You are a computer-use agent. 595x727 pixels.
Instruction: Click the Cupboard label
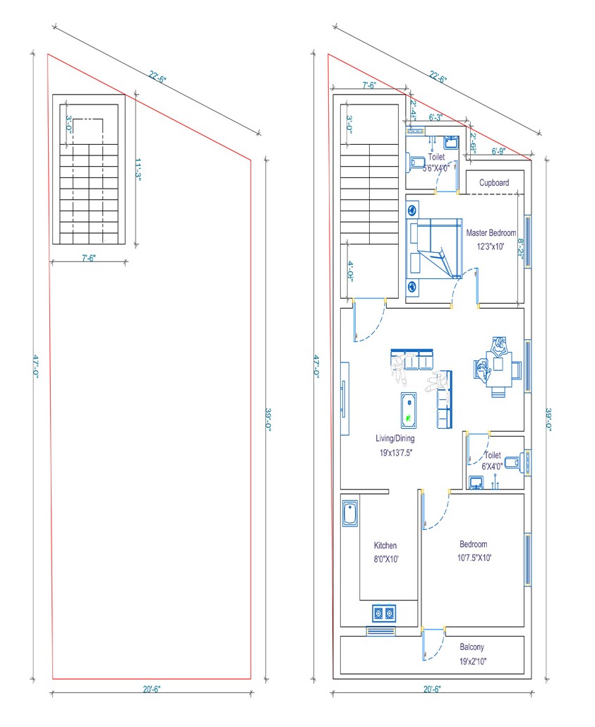[493, 183]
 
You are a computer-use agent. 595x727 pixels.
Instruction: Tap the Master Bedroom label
[491, 232]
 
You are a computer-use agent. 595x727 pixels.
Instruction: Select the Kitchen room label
[385, 545]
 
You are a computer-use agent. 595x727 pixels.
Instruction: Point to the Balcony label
[471, 646]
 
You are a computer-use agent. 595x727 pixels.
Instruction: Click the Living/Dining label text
[395, 438]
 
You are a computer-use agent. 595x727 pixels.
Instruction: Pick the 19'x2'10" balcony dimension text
[473, 661]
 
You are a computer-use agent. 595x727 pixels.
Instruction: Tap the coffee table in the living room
[409, 410]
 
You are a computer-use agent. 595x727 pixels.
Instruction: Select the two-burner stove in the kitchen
[384, 613]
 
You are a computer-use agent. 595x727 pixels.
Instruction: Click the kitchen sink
[350, 513]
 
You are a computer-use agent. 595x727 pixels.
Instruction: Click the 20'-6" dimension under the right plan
[432, 689]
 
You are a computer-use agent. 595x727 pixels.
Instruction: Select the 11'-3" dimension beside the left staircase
[138, 168]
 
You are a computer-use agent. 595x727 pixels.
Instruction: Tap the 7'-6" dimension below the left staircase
[88, 258]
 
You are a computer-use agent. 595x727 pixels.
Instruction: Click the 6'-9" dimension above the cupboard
[498, 151]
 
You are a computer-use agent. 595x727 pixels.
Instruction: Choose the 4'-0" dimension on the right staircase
[351, 271]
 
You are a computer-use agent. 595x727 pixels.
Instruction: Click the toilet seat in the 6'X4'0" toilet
[512, 462]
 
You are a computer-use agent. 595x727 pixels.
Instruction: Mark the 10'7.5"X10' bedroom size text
[474, 557]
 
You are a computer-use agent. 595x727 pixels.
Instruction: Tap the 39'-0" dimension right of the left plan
[268, 419]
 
